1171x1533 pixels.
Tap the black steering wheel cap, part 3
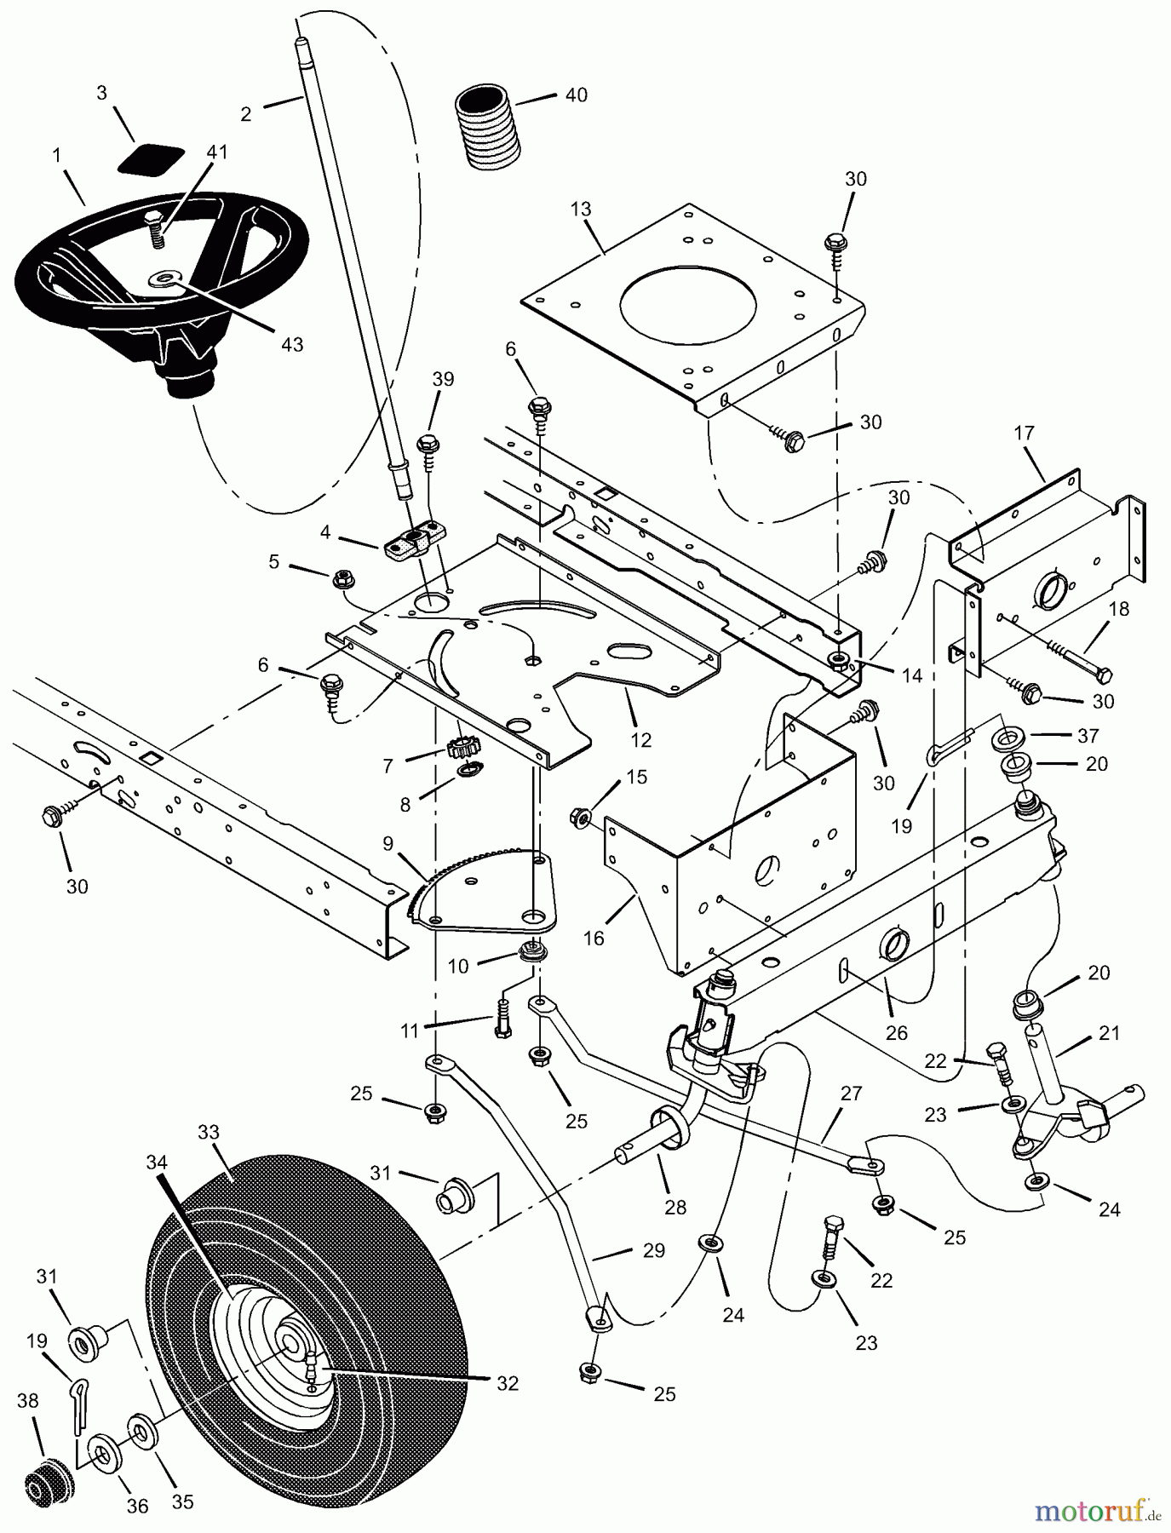[x=152, y=160]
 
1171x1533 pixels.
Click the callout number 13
[x=581, y=210]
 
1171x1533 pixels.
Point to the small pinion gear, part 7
[x=460, y=749]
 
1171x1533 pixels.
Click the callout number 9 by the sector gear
[x=388, y=845]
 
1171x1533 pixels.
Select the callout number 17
[x=1024, y=433]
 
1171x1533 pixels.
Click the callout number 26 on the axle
[x=897, y=1033]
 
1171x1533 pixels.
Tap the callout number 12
[x=640, y=740]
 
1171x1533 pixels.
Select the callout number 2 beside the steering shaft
[x=246, y=113]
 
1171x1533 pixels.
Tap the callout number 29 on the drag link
[x=655, y=1251]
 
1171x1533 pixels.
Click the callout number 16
[x=594, y=938]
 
